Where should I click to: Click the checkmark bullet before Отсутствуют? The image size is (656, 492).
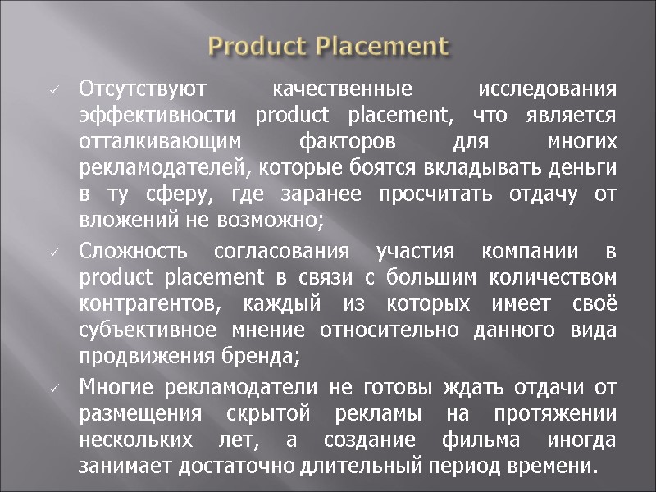click(x=52, y=89)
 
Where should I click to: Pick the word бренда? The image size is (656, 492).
click(x=269, y=358)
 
